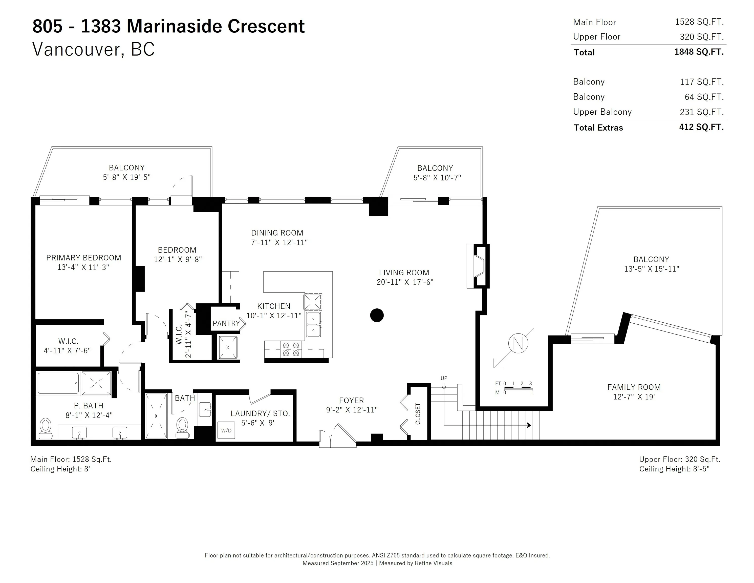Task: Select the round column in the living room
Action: point(377,315)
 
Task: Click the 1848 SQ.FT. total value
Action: point(699,52)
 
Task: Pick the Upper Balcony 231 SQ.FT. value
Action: point(702,112)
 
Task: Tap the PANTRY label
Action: point(226,323)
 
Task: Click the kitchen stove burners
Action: point(291,349)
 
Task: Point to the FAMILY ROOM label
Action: point(634,387)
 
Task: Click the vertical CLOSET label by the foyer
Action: point(418,413)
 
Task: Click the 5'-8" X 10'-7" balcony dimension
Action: point(437,178)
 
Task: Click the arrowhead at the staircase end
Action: point(529,425)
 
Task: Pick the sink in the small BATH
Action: point(205,410)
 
